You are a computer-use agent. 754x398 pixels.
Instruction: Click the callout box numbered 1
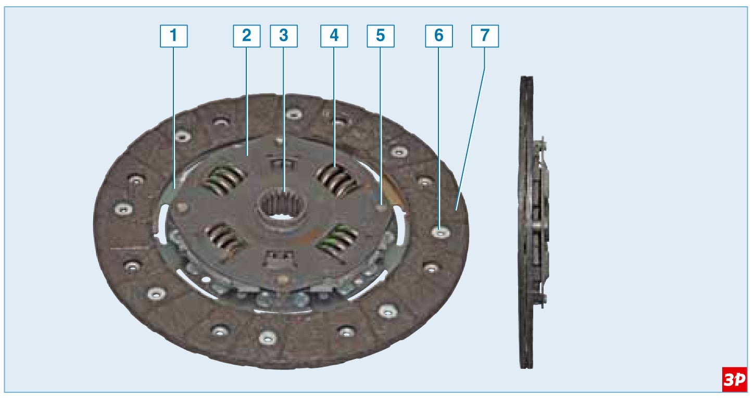(x=174, y=36)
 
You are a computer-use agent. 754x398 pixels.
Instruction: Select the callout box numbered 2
(x=247, y=36)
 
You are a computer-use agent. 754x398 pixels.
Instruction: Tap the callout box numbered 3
(x=284, y=36)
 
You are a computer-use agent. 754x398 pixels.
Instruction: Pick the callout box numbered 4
(x=334, y=36)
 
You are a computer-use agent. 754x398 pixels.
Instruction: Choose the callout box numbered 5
(x=381, y=36)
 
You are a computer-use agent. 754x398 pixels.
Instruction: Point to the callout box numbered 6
(x=439, y=36)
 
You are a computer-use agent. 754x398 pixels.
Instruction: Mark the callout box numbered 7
(x=485, y=36)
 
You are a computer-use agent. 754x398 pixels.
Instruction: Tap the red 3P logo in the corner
(x=735, y=379)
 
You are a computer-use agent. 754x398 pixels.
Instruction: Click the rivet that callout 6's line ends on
(x=441, y=232)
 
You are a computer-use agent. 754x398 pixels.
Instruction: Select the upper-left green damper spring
(x=224, y=181)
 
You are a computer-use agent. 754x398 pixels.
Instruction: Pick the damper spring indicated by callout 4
(x=337, y=181)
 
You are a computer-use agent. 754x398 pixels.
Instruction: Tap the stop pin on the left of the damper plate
(x=182, y=207)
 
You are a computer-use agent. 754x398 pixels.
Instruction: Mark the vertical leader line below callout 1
(x=174, y=118)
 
